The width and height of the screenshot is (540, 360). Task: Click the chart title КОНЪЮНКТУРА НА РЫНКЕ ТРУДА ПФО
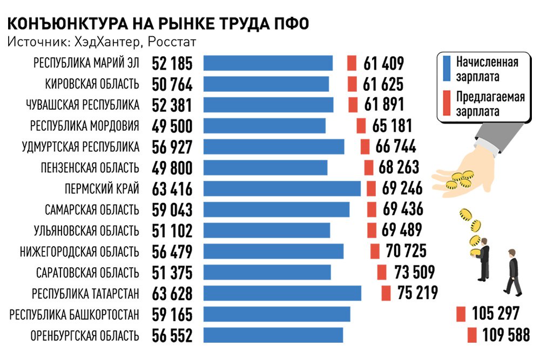click(x=159, y=24)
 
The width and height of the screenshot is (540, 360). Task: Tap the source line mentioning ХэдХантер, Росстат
click(x=102, y=42)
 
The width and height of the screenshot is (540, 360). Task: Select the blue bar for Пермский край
click(x=282, y=189)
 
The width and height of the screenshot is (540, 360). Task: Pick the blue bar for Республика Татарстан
click(x=282, y=294)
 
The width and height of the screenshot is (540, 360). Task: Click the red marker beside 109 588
click(x=472, y=335)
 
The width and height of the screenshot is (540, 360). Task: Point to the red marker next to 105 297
click(x=461, y=314)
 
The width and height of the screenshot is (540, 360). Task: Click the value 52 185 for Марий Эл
click(x=172, y=63)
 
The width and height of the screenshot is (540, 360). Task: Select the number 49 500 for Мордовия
click(x=172, y=126)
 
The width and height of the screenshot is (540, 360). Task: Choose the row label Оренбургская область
click(x=85, y=336)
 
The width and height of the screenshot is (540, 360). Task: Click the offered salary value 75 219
click(x=417, y=293)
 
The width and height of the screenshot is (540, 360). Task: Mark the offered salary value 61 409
click(x=383, y=63)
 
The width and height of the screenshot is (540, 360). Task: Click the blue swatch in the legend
click(x=447, y=67)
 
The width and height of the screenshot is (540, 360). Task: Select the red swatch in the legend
click(x=447, y=104)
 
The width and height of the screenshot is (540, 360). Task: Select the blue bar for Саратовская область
click(x=267, y=273)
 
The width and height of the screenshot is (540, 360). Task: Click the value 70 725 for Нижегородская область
click(x=407, y=251)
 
